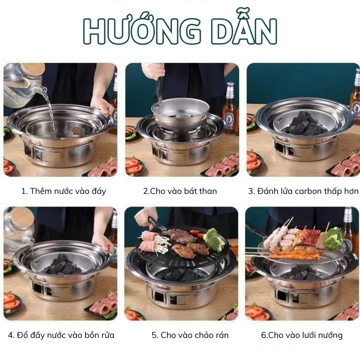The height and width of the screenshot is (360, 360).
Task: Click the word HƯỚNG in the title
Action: point(142,28)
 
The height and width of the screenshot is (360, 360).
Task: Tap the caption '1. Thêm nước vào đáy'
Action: point(63,191)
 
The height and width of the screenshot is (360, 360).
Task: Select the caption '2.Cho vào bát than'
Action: point(180,191)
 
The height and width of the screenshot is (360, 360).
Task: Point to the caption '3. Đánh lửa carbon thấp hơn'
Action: point(303,191)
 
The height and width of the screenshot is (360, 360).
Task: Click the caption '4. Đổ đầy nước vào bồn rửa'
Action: point(61,335)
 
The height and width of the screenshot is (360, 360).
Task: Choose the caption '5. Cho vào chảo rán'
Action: point(190,335)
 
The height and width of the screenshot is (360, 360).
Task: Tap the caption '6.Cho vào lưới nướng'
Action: point(301,335)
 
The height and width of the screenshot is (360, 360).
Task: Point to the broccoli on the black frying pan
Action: point(214,240)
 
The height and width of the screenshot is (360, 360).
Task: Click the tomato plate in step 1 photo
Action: point(9,166)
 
